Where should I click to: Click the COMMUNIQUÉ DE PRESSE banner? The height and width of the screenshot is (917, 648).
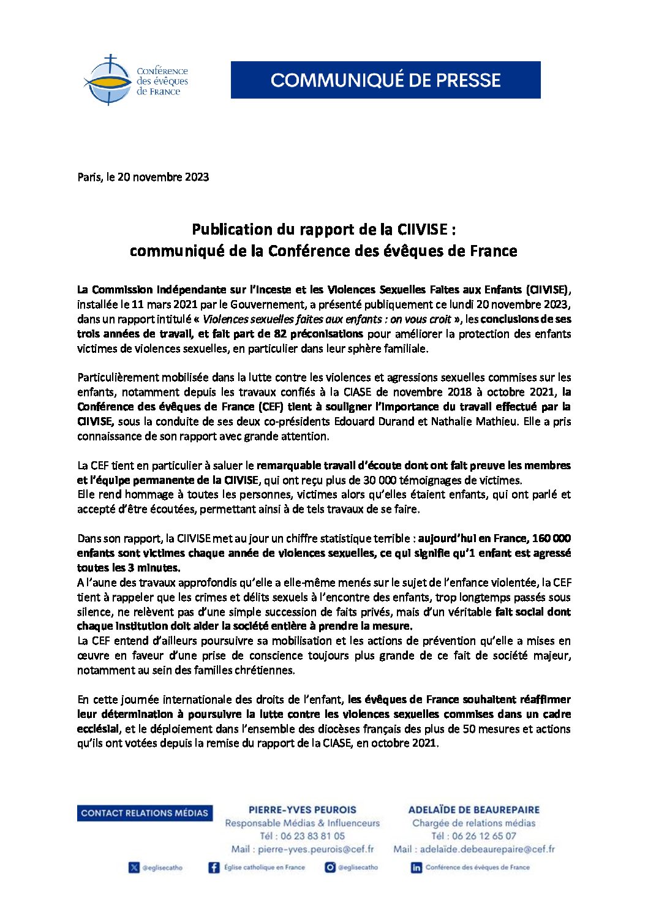tap(385, 80)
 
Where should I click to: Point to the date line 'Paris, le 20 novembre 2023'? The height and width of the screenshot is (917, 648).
tap(143, 177)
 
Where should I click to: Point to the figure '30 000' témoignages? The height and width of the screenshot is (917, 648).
tap(382, 480)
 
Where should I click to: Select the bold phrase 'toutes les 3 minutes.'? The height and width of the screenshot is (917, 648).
tap(129, 568)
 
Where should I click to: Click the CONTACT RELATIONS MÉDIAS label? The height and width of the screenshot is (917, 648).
tap(145, 813)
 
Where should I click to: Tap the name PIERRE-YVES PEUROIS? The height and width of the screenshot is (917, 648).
tap(302, 810)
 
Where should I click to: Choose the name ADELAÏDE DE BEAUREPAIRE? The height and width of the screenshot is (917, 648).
tap(473, 810)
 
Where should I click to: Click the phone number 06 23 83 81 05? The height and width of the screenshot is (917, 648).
tap(312, 836)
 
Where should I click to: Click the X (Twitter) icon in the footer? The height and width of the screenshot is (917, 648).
tap(134, 867)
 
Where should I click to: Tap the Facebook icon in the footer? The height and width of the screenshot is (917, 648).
tap(214, 867)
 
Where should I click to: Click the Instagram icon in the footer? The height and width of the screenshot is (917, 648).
tap(330, 867)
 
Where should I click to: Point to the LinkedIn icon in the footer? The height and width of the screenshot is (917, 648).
tap(416, 867)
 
